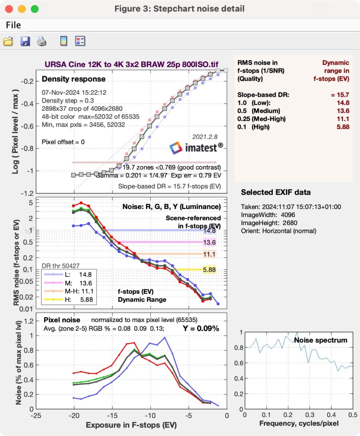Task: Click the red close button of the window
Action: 9,8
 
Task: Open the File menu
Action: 13,25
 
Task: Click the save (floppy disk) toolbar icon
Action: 25,41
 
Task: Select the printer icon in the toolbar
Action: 42,41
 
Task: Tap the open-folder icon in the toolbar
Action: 8,41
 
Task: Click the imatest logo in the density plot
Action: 196,148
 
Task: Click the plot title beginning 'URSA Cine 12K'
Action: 131,64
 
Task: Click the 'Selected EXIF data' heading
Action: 276,192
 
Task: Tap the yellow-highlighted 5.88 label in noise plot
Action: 209,270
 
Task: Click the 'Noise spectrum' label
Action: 320,340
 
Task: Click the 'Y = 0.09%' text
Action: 201,328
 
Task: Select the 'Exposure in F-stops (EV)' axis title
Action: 131,424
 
